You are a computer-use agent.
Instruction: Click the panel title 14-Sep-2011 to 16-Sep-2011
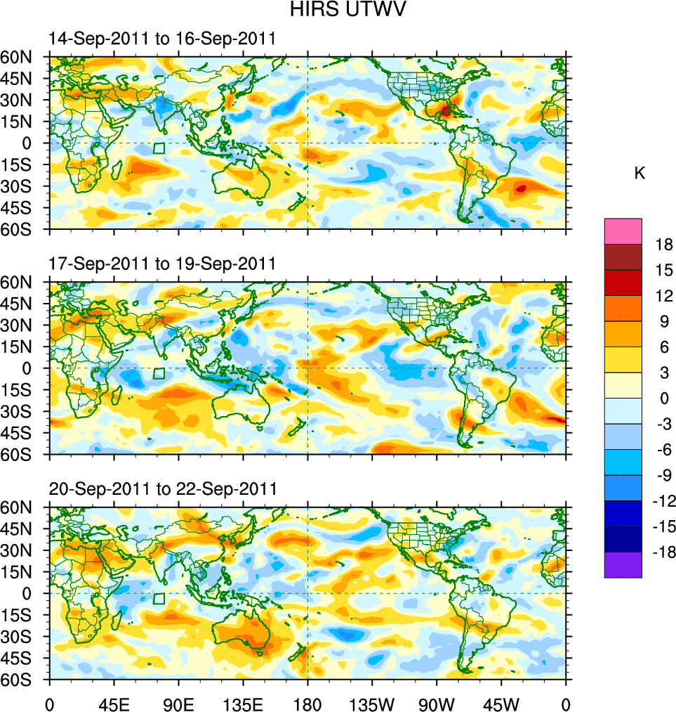(162, 39)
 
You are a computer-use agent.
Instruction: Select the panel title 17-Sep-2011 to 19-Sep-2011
(162, 264)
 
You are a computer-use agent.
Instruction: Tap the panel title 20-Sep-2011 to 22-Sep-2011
(162, 488)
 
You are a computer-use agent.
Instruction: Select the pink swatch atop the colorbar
(623, 231)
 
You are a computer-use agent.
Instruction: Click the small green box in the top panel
(159, 148)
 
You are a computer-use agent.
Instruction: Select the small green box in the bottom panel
(159, 599)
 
